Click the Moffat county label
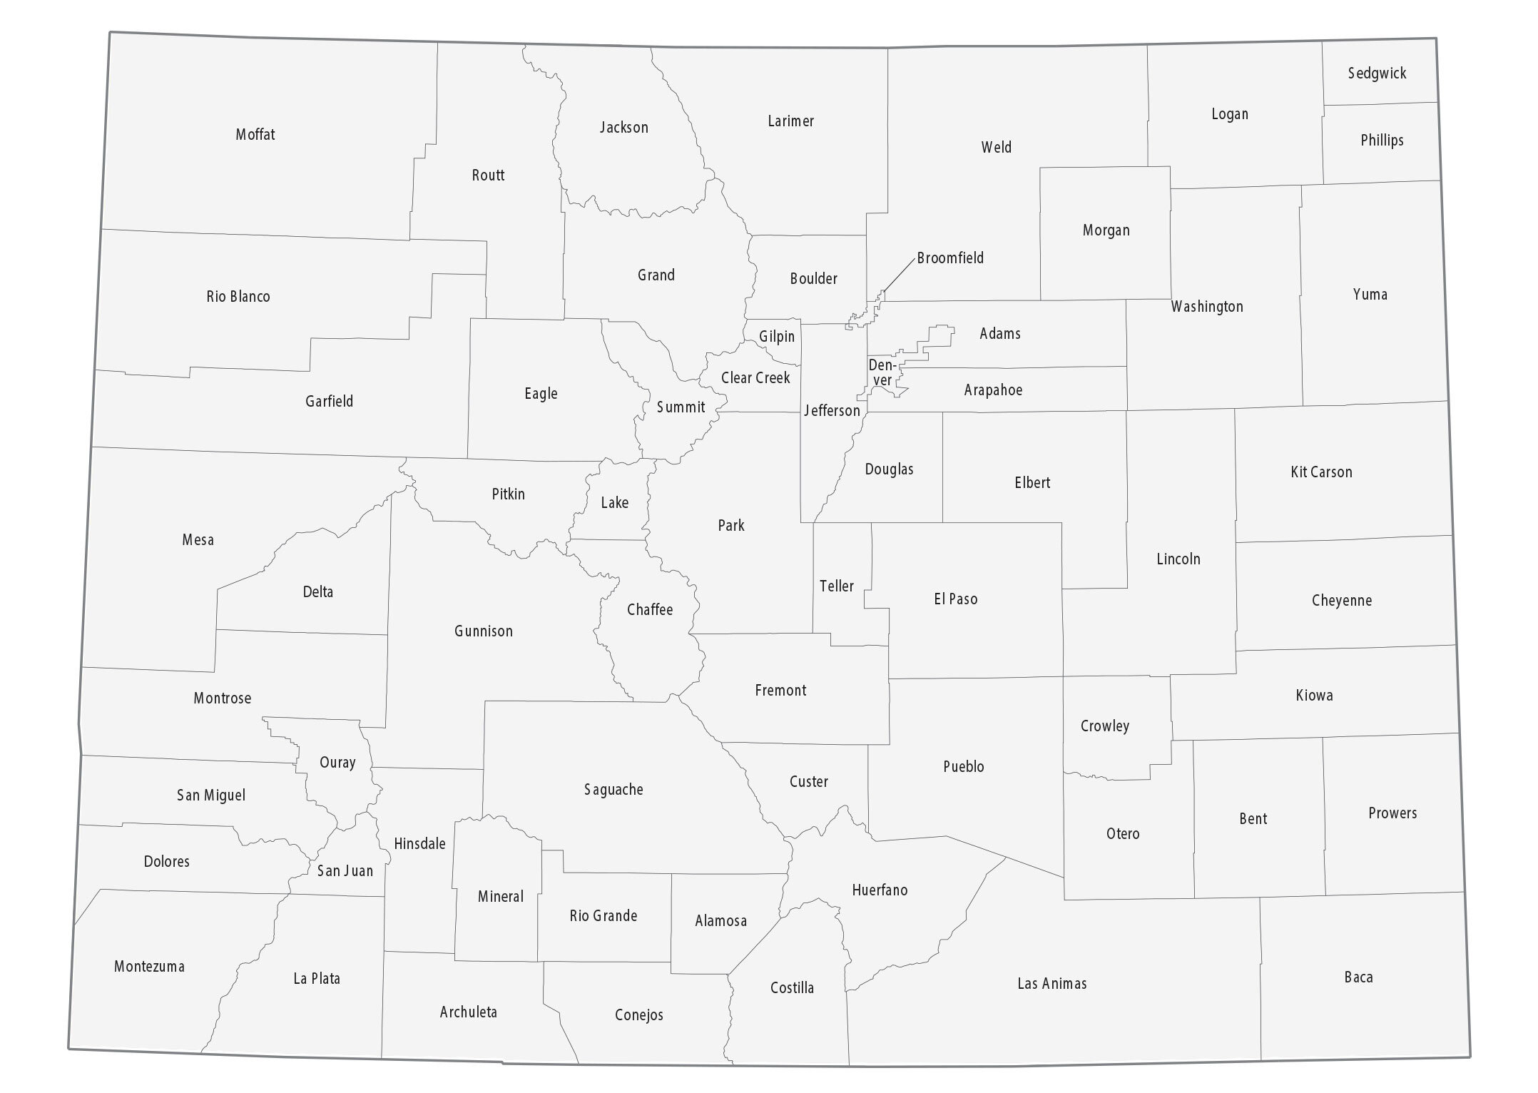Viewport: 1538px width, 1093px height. (255, 134)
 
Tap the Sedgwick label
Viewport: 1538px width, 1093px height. (1377, 73)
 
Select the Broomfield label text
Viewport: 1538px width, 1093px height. (950, 258)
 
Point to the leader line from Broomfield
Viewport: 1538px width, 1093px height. (898, 275)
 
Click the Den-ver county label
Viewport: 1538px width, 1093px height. (882, 373)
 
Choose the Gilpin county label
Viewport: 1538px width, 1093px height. (776, 336)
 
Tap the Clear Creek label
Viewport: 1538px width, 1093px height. (755, 377)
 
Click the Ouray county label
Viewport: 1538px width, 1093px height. (337, 762)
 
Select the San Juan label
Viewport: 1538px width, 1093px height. (345, 870)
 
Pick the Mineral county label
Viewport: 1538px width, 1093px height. (501, 896)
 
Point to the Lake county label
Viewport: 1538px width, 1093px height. (614, 502)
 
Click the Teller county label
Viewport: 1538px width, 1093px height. (836, 586)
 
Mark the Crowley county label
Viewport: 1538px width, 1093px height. (1104, 726)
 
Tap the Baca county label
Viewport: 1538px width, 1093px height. (1358, 977)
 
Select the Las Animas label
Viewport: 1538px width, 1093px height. (1051, 984)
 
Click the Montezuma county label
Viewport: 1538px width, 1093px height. (149, 967)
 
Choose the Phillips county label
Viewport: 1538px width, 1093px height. (1382, 140)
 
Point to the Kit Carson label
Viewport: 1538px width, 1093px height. (1321, 472)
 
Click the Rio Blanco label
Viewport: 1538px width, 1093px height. (238, 296)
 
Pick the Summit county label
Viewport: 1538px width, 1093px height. (681, 407)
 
